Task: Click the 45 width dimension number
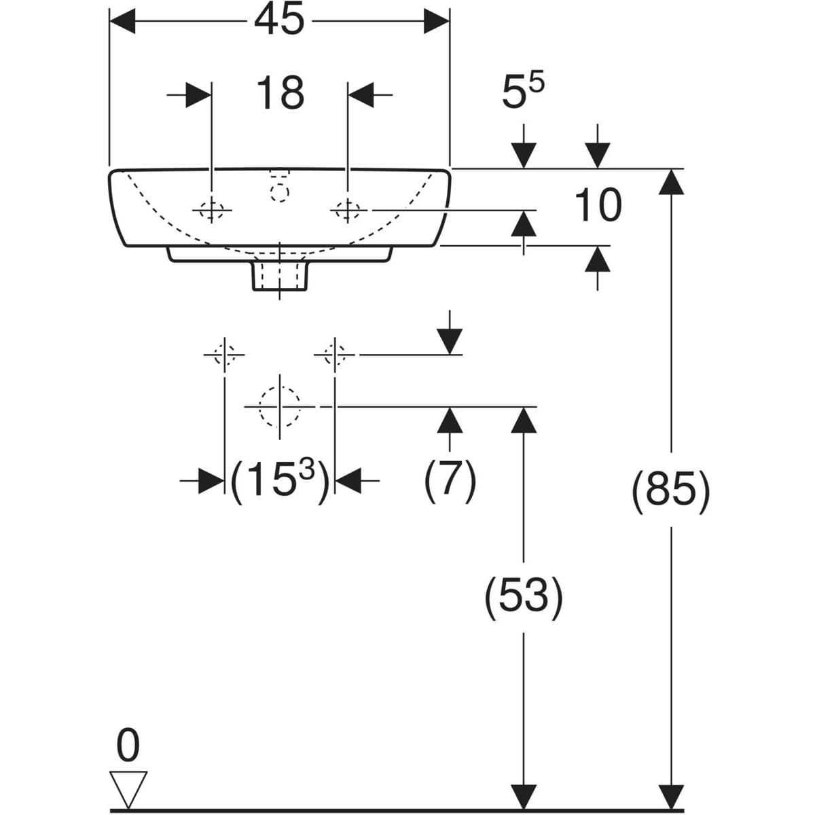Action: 279,22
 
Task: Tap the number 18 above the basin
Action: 279,93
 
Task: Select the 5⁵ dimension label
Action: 522,92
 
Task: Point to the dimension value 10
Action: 598,205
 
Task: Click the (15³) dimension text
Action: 279,481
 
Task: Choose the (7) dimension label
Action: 450,481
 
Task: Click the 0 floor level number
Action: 128,746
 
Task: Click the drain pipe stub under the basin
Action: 280,275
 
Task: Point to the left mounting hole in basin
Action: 212,211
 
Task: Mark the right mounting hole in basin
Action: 348,211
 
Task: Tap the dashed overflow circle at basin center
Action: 279,193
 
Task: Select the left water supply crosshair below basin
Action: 224,355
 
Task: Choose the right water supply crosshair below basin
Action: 334,355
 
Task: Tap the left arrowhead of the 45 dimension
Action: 123,22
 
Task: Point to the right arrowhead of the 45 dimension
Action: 436,22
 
